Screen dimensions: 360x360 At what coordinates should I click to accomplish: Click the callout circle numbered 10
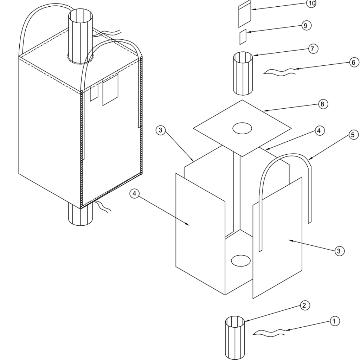point(311,3)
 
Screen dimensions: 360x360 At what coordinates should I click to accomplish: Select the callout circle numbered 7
point(312,49)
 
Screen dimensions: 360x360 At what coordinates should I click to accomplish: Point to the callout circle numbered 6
point(354,63)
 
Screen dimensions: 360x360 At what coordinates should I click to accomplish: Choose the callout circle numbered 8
point(323,104)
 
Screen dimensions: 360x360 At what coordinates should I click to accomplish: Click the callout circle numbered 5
point(353,135)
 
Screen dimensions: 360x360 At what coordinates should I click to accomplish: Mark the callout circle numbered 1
point(334,321)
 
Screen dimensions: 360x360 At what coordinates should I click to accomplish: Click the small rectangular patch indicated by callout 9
point(243,37)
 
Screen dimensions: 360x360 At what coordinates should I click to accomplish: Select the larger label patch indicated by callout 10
point(245,14)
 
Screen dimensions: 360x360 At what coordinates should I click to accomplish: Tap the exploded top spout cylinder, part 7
point(243,73)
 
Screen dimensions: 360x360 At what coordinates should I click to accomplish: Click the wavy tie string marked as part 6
point(279,71)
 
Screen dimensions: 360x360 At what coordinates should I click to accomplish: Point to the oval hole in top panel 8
point(242,128)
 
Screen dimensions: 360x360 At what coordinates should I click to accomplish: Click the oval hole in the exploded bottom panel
point(240,261)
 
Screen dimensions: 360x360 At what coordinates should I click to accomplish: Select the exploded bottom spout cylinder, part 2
point(234,338)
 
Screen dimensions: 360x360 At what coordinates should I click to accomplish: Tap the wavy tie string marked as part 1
point(269,333)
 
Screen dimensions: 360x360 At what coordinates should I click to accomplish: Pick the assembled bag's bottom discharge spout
point(81,215)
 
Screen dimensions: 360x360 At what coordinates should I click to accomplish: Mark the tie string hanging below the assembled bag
point(103,206)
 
